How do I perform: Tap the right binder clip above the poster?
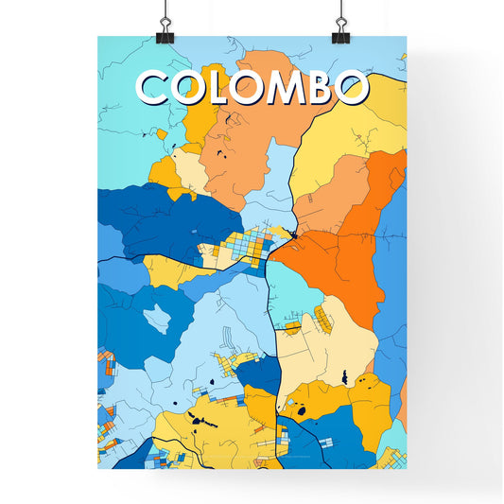(340, 28)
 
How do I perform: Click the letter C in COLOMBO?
(158, 89)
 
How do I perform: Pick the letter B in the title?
(319, 89)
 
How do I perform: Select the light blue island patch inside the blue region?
(157, 319)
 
